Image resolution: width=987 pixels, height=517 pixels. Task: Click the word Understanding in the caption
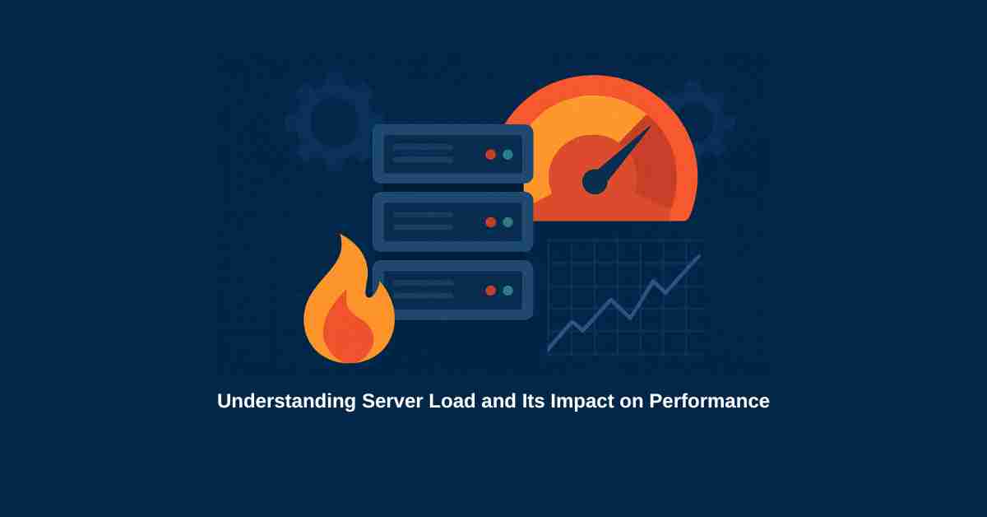click(x=286, y=402)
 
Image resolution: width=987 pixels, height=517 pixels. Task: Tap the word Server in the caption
click(x=392, y=401)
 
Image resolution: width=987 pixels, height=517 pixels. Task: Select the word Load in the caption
click(x=452, y=401)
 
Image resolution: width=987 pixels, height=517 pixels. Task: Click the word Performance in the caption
click(x=709, y=401)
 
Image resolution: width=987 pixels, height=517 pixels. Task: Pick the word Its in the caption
click(x=533, y=401)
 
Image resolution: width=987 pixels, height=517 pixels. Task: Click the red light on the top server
click(x=490, y=155)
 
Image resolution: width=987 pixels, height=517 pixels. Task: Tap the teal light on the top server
click(x=508, y=155)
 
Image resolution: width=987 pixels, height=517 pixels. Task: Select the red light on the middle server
click(x=490, y=222)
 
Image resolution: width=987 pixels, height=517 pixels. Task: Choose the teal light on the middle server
click(x=508, y=222)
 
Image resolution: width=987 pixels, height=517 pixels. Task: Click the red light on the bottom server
click(x=490, y=291)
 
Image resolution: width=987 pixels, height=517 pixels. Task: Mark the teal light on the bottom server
click(x=508, y=291)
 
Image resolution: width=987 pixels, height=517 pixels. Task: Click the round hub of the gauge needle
click(x=595, y=181)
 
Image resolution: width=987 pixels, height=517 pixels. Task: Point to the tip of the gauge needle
click(x=650, y=127)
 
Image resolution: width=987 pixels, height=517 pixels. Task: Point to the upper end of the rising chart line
click(x=700, y=255)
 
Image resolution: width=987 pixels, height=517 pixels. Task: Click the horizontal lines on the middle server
click(x=423, y=221)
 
